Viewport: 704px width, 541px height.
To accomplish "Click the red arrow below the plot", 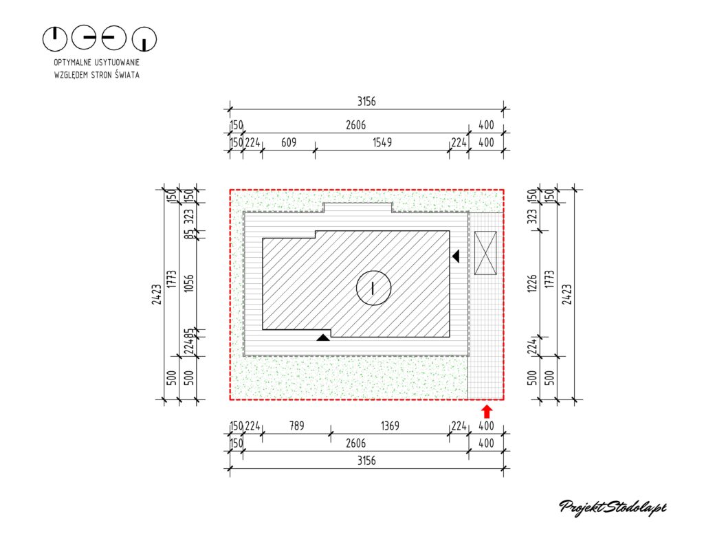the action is [x=487, y=412].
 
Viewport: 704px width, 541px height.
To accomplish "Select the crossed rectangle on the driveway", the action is [x=485, y=253].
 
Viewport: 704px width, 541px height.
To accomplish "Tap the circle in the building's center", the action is [x=373, y=288].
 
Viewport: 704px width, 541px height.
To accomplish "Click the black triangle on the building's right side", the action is [x=456, y=256].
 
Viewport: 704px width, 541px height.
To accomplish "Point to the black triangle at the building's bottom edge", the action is [x=323, y=337].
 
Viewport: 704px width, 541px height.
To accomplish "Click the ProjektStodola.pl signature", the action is [x=613, y=508].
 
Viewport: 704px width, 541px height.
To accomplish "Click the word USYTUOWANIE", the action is [x=118, y=63].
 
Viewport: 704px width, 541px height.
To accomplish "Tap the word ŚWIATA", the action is [x=127, y=74].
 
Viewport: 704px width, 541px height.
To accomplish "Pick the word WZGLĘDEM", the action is [x=71, y=75].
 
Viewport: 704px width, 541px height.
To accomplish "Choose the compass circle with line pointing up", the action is [x=55, y=38].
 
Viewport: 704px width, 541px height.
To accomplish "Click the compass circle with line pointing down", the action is [x=144, y=38].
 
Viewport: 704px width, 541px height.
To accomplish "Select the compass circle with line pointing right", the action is [x=84, y=37].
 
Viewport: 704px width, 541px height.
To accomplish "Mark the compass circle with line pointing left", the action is [x=114, y=37].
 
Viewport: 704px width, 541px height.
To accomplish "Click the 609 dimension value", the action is [x=289, y=142].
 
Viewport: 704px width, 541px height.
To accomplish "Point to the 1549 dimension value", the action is [x=382, y=142].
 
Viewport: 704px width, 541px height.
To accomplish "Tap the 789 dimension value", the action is [x=297, y=426].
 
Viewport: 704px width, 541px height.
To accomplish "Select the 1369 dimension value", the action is [x=390, y=426].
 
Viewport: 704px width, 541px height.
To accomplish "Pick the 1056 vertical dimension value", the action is [x=189, y=283].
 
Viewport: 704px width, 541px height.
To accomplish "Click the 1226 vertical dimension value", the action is [x=532, y=283].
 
